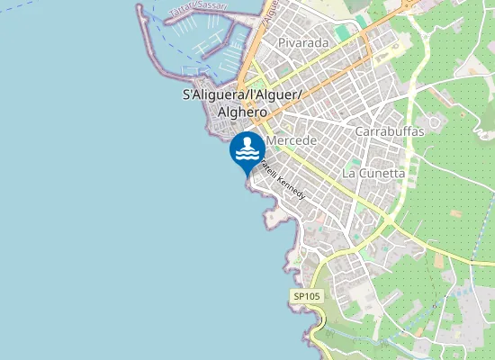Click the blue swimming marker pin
[x=247, y=151]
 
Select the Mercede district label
[x=291, y=141]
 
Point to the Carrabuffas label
[x=390, y=130]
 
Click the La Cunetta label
[x=373, y=172]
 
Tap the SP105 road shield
[x=306, y=296]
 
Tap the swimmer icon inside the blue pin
[x=247, y=142]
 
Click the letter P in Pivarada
[x=282, y=41]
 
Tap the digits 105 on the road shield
[x=310, y=296]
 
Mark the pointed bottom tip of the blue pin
[x=247, y=176]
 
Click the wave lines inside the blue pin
[x=247, y=156]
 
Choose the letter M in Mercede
[x=271, y=141]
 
